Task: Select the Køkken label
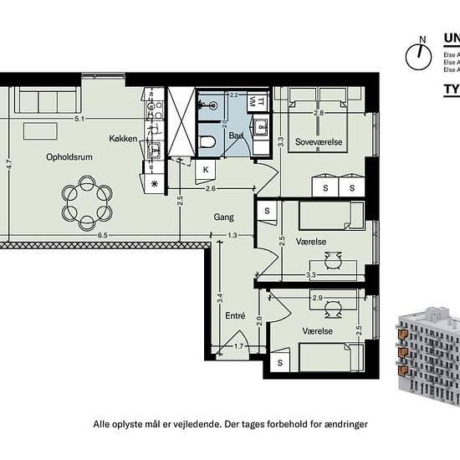point(123,138)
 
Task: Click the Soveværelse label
point(319,143)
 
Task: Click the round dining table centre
point(87,202)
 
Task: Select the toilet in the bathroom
point(208,144)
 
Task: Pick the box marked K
point(206,169)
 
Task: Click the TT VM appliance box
point(261,101)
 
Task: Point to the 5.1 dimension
point(79,120)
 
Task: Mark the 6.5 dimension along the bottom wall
point(102,236)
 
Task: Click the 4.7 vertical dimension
point(8,166)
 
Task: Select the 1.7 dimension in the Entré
point(238,345)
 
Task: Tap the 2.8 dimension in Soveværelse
point(319,112)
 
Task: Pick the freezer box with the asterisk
point(153,183)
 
